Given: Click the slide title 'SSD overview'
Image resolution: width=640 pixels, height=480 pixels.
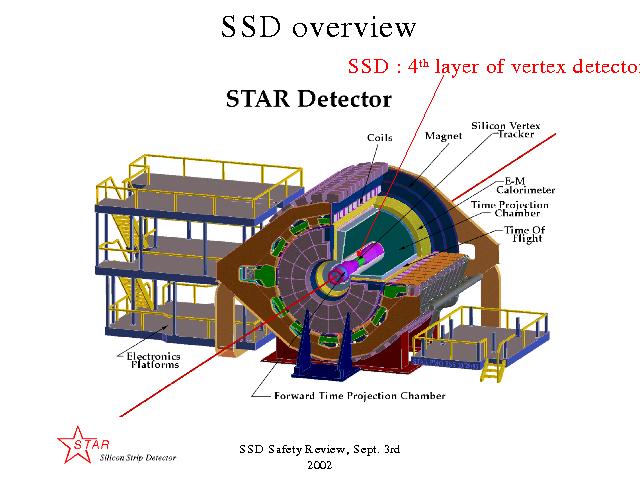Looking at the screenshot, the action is coord(318,27).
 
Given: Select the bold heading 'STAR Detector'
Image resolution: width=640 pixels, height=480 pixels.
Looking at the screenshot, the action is coord(309,99).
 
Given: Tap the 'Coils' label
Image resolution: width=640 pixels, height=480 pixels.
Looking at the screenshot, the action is coord(380,138).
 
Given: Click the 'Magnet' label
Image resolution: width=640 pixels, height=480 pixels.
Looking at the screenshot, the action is coord(443,136).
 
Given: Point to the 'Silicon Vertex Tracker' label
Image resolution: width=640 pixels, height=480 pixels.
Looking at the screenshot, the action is coord(506,130).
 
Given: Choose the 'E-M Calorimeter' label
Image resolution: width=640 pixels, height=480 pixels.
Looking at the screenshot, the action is coord(526,185).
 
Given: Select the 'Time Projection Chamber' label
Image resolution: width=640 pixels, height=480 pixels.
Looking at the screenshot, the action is coord(510,209).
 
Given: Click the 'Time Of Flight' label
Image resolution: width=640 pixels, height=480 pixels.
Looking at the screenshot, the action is coord(525,234).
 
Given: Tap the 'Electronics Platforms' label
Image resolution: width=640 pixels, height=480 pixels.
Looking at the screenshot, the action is coord(153,360).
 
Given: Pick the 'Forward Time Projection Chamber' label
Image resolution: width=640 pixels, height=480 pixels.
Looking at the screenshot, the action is coord(360,396).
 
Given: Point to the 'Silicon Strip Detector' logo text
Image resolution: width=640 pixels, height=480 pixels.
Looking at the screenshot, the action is coord(138,458).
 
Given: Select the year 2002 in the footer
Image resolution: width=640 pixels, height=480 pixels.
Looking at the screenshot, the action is coord(320,465).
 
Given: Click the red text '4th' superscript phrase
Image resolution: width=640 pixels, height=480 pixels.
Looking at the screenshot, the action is coord(418,66).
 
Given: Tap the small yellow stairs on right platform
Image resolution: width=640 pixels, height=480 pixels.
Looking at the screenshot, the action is coord(493,371).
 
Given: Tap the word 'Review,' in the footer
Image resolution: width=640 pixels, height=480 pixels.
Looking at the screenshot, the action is coord(327,449).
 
